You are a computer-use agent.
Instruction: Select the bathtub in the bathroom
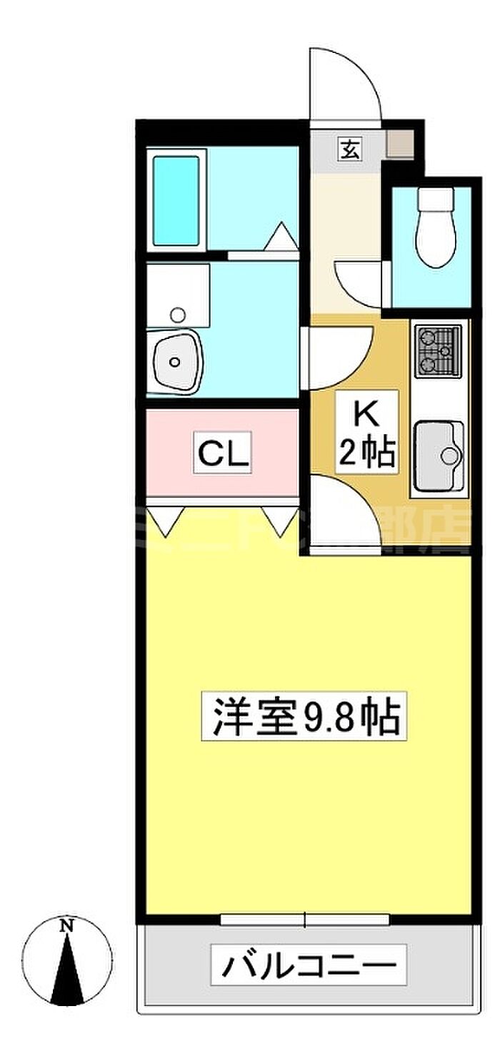[x=176, y=200]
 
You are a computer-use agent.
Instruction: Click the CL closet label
[x=223, y=453]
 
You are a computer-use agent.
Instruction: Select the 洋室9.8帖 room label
[x=304, y=716]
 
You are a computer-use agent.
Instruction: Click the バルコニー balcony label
[x=308, y=966]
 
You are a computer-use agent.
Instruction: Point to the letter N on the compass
[x=67, y=925]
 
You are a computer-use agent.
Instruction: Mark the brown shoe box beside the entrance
[x=400, y=144]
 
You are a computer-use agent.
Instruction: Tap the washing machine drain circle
[x=177, y=314]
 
